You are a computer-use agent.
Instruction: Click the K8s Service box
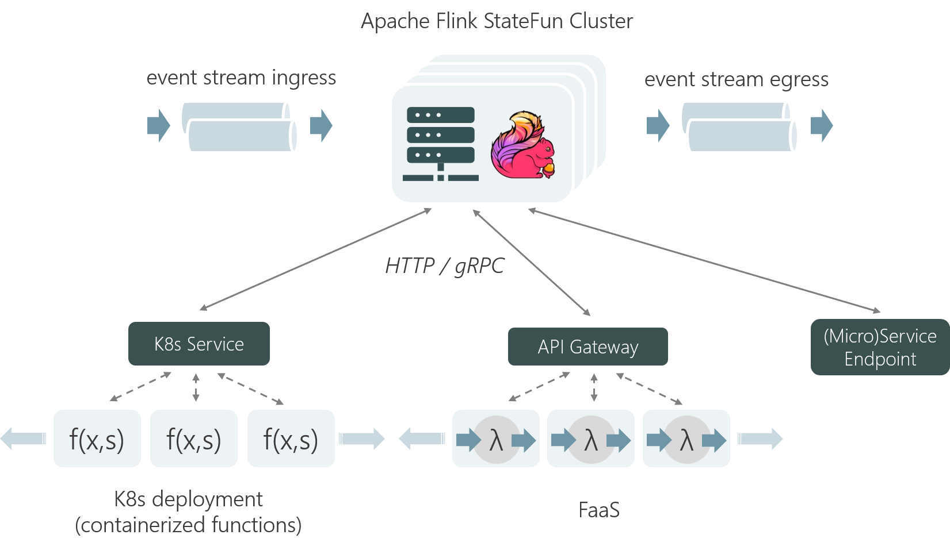point(199,344)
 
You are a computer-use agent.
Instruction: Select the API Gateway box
point(587,347)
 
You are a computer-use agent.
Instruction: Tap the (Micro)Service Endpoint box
point(880,347)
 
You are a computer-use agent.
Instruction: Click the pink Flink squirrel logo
point(522,145)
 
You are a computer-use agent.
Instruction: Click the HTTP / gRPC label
point(444,266)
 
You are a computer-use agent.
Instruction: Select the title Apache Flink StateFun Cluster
point(497,21)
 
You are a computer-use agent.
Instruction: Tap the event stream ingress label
point(241,78)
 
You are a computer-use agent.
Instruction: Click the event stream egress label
point(736,79)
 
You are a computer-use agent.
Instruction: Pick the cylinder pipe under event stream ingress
point(239,127)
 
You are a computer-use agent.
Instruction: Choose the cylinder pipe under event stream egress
point(739,127)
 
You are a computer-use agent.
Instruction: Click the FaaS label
point(598,510)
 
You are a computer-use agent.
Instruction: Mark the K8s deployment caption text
point(188,511)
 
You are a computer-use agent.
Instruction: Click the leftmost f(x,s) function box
point(97,439)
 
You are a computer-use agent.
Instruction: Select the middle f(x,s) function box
point(194,439)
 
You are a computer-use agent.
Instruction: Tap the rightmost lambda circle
point(686,440)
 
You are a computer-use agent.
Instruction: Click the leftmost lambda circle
point(496,440)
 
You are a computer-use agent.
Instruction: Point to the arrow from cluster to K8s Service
point(315,259)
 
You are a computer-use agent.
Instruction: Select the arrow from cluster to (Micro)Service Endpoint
point(704,261)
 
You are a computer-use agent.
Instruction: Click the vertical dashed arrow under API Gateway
point(594,387)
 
